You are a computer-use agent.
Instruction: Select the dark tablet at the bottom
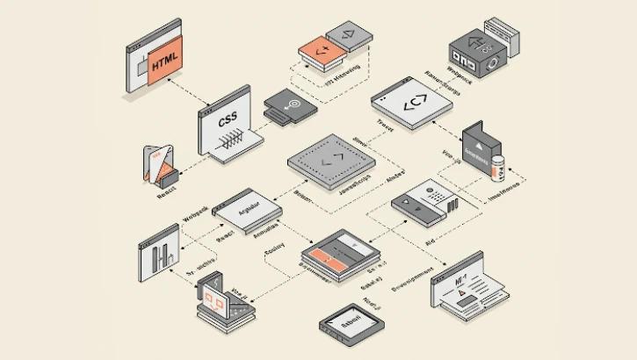click(x=350, y=326)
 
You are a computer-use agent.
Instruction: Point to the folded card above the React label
click(x=160, y=165)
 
